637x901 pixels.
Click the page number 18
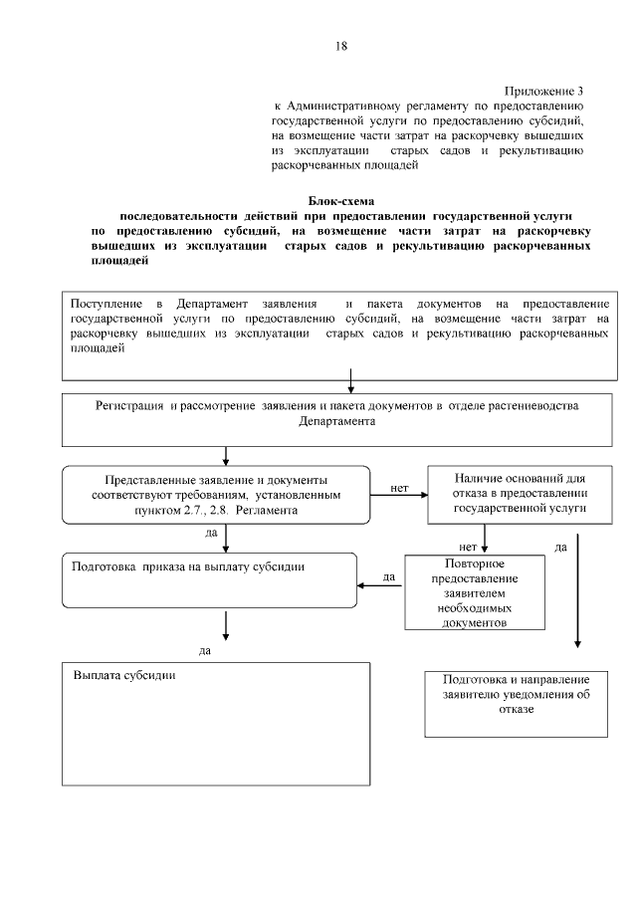click(x=341, y=46)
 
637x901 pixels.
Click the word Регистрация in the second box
click(x=129, y=406)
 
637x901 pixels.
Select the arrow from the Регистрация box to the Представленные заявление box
click(x=228, y=456)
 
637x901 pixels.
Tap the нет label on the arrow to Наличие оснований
click(x=399, y=488)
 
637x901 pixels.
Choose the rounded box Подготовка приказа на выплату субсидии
click(x=209, y=579)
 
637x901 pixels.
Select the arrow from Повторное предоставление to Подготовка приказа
click(x=380, y=585)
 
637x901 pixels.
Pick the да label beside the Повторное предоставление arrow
click(x=389, y=574)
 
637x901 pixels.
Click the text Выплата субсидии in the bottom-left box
click(x=125, y=674)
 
